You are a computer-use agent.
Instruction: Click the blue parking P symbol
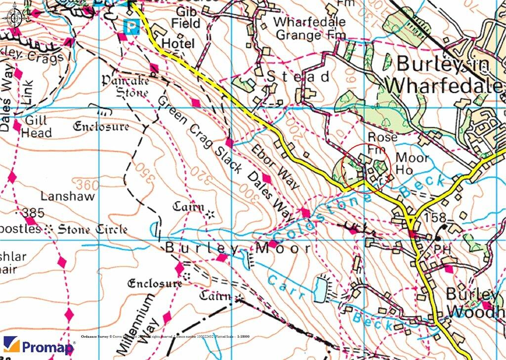(130, 26)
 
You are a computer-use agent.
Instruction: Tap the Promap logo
(39, 346)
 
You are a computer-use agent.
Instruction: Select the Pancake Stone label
(125, 85)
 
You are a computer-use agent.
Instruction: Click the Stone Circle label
(92, 229)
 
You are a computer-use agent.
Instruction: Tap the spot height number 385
(33, 213)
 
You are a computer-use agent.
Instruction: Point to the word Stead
(298, 77)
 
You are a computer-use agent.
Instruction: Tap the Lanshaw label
(63, 196)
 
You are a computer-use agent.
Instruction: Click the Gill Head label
(36, 126)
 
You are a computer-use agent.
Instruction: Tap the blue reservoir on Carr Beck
(320, 288)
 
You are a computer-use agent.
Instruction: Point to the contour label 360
(87, 185)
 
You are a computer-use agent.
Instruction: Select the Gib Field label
(185, 17)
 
